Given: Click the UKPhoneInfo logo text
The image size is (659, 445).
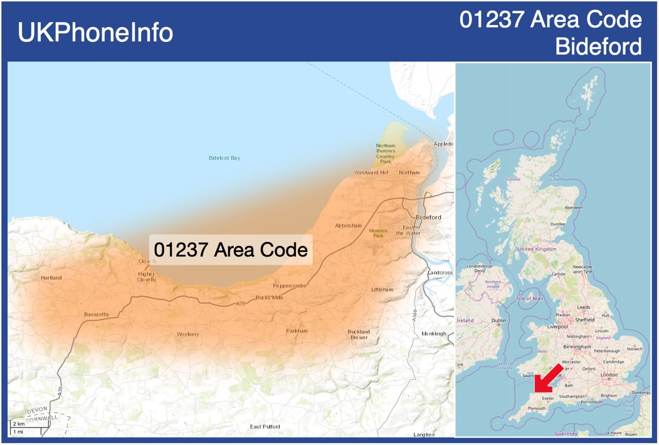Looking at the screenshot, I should (95, 33).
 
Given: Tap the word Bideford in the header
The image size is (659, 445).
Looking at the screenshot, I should (599, 46).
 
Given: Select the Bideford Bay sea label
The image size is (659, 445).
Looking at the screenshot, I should (224, 158).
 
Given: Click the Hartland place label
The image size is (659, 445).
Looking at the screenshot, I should (51, 278).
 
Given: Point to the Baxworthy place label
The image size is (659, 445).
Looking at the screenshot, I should (97, 314).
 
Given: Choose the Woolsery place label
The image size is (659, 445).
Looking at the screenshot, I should (187, 334).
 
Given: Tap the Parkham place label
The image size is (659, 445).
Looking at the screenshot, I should (297, 331).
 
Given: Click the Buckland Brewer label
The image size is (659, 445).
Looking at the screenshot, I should (359, 334).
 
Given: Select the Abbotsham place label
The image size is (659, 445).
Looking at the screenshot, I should (349, 226).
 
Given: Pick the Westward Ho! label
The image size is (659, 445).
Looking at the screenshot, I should (371, 172).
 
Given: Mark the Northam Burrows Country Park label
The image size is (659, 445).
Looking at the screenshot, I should (386, 154).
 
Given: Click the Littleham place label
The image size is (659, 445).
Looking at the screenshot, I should (382, 290).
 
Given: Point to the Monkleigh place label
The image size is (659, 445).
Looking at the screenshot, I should (434, 333).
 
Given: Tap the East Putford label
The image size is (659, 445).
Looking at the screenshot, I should (265, 427).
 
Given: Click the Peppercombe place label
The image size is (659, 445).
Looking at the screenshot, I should (290, 286).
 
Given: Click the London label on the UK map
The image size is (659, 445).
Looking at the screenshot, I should (609, 375).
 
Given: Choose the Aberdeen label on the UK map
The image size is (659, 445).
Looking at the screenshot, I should (573, 207).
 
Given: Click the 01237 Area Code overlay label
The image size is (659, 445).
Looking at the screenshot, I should (231, 249).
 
